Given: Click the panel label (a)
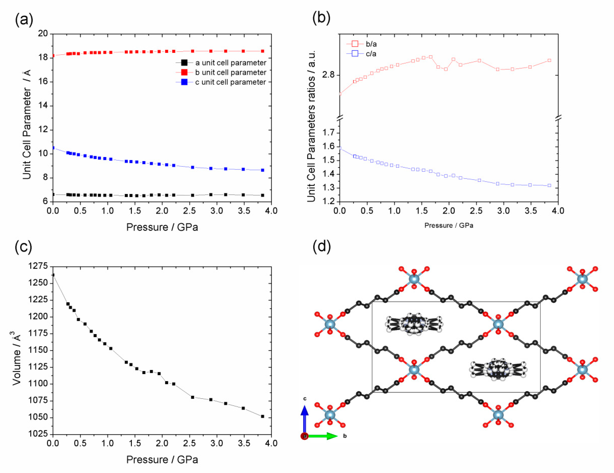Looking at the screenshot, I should pos(24,20).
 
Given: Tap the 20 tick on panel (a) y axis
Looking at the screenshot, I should pos(43,34).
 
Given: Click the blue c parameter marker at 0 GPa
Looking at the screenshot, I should pos(53,148).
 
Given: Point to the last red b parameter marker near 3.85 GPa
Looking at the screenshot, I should pos(263,51).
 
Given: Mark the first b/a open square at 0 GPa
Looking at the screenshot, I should pos(340,94).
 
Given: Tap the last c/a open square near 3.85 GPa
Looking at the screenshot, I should pos(549,185).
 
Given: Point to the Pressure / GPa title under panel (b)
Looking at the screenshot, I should pos(449,225).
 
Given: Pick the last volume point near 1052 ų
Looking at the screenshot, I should pos(263,416).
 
